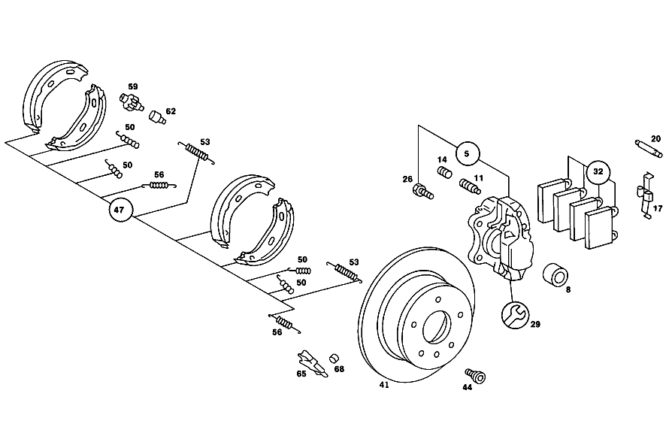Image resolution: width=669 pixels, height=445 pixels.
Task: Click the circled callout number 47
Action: coord(120,210)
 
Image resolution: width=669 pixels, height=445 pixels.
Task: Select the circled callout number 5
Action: coord(467,153)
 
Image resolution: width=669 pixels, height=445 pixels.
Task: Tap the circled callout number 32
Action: coord(598,171)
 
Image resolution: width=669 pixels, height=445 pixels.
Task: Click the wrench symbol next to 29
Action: coord(515,316)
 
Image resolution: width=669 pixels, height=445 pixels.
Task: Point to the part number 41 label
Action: coord(384,386)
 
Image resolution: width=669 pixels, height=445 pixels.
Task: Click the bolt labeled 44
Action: coord(476,375)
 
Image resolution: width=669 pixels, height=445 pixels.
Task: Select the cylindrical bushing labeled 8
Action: coord(555,274)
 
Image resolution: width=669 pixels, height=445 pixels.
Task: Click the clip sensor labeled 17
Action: coord(645,195)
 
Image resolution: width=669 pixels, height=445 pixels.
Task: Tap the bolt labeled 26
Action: coord(423,192)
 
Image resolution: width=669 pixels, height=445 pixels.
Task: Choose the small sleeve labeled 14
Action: coord(444,174)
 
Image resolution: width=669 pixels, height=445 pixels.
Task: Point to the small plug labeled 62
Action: coord(157,117)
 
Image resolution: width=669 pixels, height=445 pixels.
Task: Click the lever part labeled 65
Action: coord(313,364)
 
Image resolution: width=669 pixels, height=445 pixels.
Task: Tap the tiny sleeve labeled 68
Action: coord(333,358)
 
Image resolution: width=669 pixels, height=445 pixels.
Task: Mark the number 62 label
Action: coord(171,111)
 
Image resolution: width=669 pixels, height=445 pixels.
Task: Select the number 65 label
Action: coord(301,374)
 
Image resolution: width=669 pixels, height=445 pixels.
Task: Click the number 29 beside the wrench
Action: coord(535,325)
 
